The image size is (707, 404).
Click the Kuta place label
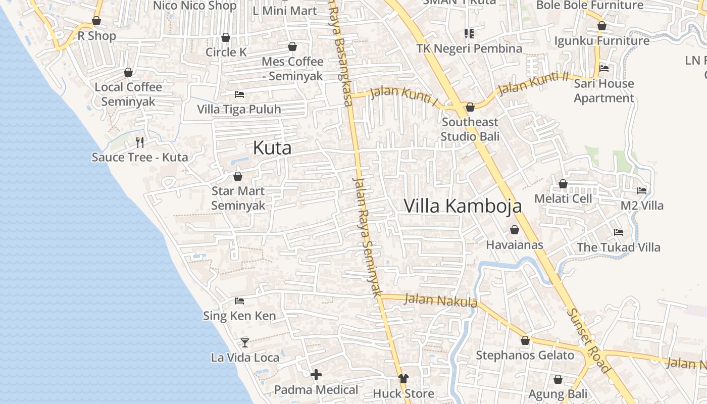click(272, 148)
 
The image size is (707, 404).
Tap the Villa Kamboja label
click(463, 206)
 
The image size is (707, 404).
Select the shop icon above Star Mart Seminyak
click(238, 176)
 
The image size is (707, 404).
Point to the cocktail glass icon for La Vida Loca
click(245, 342)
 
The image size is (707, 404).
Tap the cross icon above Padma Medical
click(316, 375)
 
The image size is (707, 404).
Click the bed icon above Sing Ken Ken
click(239, 301)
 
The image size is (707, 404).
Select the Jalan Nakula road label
click(441, 300)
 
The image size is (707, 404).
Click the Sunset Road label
click(588, 340)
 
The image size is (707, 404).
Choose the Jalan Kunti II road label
click(533, 84)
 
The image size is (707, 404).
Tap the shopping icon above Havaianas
click(515, 230)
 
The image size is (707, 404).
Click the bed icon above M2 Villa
click(642, 190)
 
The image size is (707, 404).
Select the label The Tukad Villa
click(619, 247)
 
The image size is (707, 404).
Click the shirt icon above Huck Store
click(403, 378)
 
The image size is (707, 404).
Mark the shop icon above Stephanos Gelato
click(525, 340)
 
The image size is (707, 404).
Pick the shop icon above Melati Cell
click(563, 184)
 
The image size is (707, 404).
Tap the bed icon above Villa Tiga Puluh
click(239, 94)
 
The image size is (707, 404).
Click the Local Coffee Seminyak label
click(128, 94)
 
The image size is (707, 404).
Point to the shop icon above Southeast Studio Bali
click(470, 107)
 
